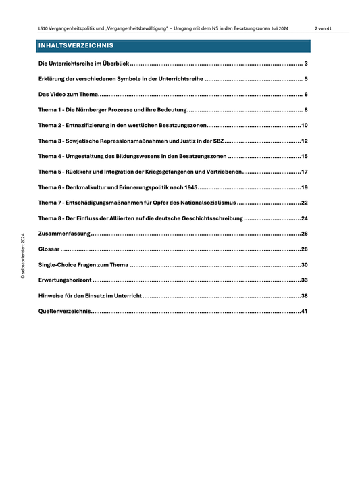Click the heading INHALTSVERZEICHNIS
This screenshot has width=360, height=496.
click(76, 46)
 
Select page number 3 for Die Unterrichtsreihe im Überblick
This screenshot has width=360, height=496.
click(306, 64)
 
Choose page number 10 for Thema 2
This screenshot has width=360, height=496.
click(305, 126)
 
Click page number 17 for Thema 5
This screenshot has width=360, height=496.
click(305, 172)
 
